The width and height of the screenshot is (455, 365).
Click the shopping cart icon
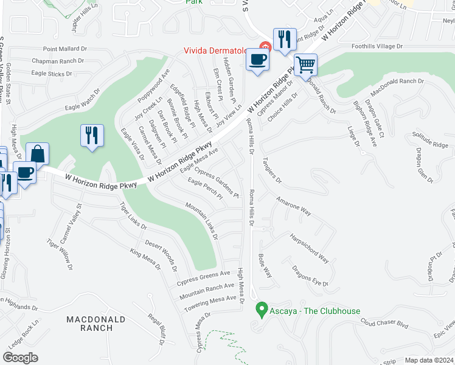click(305, 64)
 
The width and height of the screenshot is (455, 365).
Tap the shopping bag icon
click(37, 154)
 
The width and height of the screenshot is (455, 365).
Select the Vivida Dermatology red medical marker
click(264, 46)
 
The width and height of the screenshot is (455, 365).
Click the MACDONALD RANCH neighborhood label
click(89, 324)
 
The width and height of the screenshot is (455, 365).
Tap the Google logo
click(20, 357)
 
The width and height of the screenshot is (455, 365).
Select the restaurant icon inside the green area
click(92, 135)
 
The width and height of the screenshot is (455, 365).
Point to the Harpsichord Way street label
click(309, 248)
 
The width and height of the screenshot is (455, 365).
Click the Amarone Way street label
click(293, 206)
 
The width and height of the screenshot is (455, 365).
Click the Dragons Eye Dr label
click(310, 276)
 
